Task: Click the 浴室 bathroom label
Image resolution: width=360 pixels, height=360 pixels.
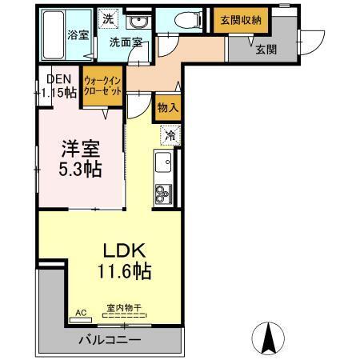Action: (x=78, y=35)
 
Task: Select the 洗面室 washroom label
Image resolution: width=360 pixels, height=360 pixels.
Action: (x=126, y=42)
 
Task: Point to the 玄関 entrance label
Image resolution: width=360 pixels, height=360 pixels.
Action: (x=266, y=50)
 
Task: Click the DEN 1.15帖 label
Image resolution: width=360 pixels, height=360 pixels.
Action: (x=61, y=86)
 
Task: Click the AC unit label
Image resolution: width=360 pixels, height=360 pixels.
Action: (x=80, y=313)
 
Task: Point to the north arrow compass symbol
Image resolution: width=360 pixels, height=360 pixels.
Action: (x=268, y=335)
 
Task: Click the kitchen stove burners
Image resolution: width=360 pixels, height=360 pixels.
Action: (x=164, y=192)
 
